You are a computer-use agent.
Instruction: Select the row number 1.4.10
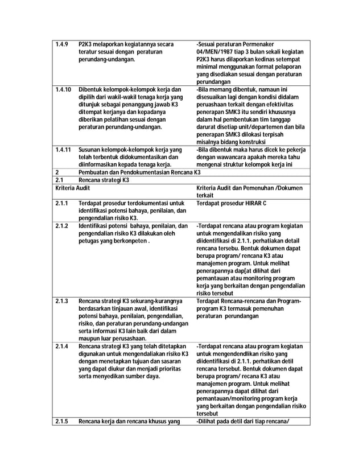tap(63, 89)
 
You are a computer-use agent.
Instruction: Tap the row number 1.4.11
tap(63, 149)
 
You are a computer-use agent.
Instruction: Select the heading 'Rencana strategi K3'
tap(104, 180)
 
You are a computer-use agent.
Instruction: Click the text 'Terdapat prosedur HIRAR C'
tap(231, 203)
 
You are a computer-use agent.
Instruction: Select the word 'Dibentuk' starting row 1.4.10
tap(92, 89)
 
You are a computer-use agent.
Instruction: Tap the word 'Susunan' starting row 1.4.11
tap(92, 149)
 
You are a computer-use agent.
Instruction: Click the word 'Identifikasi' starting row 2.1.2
tap(95, 226)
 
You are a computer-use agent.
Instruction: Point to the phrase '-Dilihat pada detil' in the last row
tap(222, 421)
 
